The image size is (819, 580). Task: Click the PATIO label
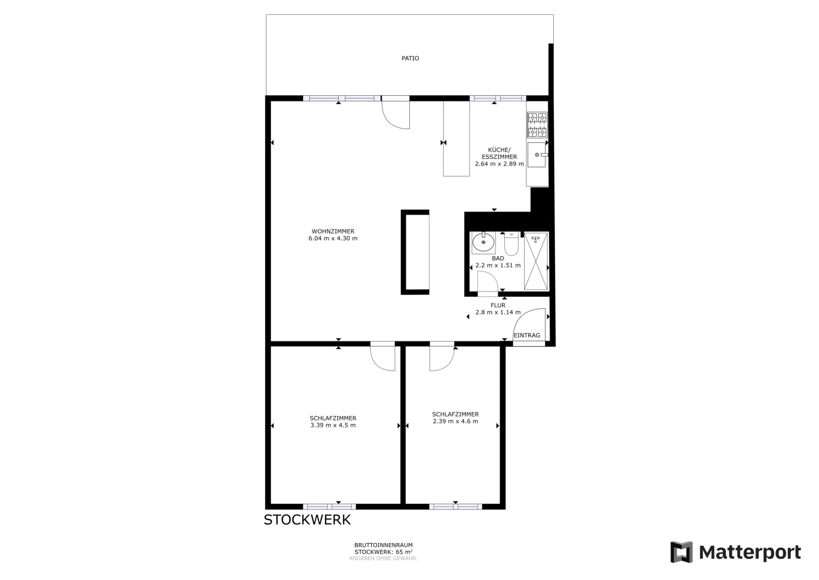point(410,58)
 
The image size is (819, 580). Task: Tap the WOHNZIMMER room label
point(333,231)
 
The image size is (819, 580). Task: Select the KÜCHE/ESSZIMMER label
point(499,153)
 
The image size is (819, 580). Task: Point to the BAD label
point(498,258)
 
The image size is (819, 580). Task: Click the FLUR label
point(498,305)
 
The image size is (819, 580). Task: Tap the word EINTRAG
point(527,335)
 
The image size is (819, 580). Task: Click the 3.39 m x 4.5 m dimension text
point(333,425)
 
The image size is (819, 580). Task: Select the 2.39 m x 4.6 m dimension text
point(455,421)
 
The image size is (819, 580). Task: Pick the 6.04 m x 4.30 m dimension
point(333,238)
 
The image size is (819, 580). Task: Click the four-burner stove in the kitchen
point(537,125)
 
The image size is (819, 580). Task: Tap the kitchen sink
point(537,155)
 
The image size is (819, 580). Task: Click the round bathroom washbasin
point(483,242)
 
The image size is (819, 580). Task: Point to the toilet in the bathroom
point(511,244)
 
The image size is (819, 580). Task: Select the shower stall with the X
point(536,261)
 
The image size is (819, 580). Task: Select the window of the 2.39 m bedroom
point(455,507)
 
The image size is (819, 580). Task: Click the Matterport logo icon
point(681,552)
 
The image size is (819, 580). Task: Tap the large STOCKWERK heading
point(307,520)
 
